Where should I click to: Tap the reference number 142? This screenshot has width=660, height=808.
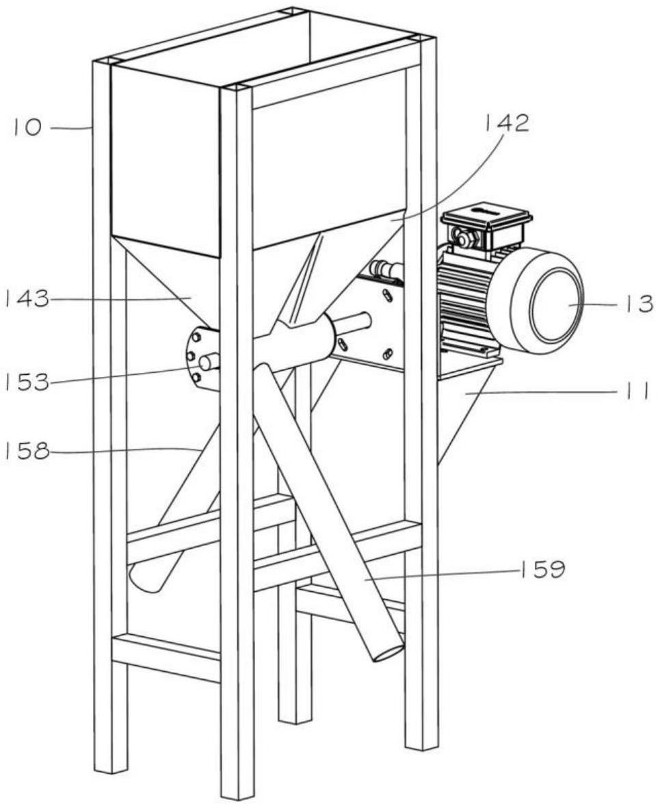click(x=507, y=124)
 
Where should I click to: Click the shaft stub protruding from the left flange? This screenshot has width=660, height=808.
click(x=209, y=361)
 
